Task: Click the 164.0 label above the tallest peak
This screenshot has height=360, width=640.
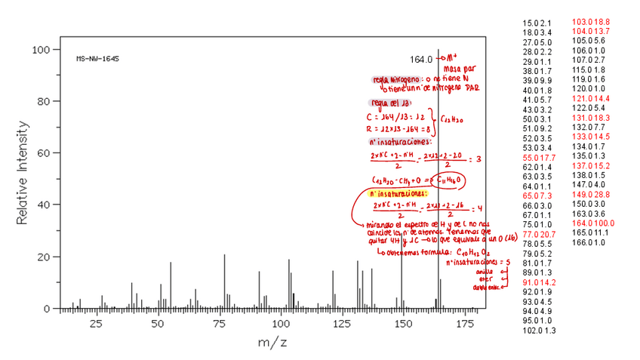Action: [x=421, y=59]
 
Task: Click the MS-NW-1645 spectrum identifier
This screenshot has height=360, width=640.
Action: [x=97, y=58]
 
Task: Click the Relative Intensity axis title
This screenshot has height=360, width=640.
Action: [x=23, y=178]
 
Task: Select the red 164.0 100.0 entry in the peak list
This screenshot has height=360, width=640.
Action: [x=594, y=223]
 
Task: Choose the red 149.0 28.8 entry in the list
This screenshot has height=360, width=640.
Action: [x=592, y=195]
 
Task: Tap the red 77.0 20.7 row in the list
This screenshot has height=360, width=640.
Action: [x=539, y=234]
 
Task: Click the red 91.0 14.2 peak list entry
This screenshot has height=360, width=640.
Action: [x=539, y=282]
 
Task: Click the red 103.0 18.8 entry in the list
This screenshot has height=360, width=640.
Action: [x=592, y=22]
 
